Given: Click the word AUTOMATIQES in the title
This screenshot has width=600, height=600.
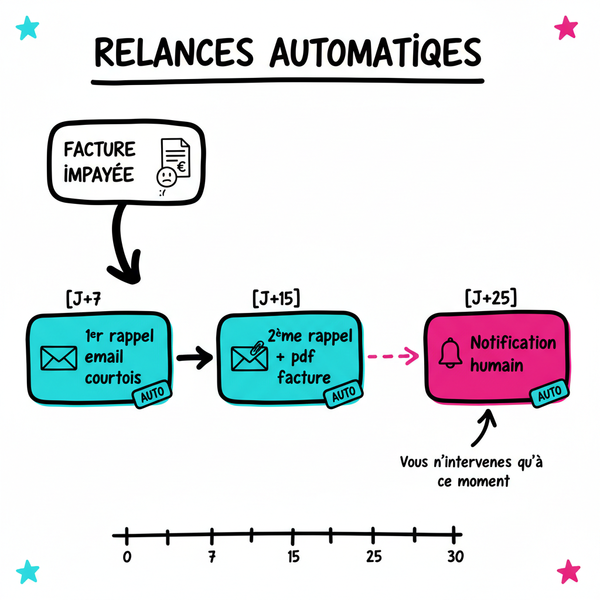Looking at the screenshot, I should click(x=375, y=54).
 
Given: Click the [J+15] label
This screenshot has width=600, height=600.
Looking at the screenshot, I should click(x=275, y=298).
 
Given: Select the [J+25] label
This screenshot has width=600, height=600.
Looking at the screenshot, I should click(x=490, y=298).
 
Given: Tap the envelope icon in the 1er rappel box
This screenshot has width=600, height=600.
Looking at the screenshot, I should click(x=59, y=358).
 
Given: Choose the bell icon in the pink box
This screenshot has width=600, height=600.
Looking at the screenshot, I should click(x=451, y=353).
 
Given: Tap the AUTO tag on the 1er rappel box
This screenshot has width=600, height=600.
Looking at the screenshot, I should click(x=152, y=394).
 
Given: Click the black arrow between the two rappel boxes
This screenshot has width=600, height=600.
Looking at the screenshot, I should click(x=195, y=357).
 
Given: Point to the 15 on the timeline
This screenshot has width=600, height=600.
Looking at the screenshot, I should click(x=293, y=557).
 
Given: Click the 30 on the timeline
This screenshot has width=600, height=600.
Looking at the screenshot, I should click(x=455, y=557).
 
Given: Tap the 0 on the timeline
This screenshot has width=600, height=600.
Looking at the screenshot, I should click(x=127, y=557).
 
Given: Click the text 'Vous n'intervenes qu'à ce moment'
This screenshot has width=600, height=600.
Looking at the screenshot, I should click(x=472, y=471).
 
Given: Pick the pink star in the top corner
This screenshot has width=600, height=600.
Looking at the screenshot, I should click(x=565, y=27).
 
